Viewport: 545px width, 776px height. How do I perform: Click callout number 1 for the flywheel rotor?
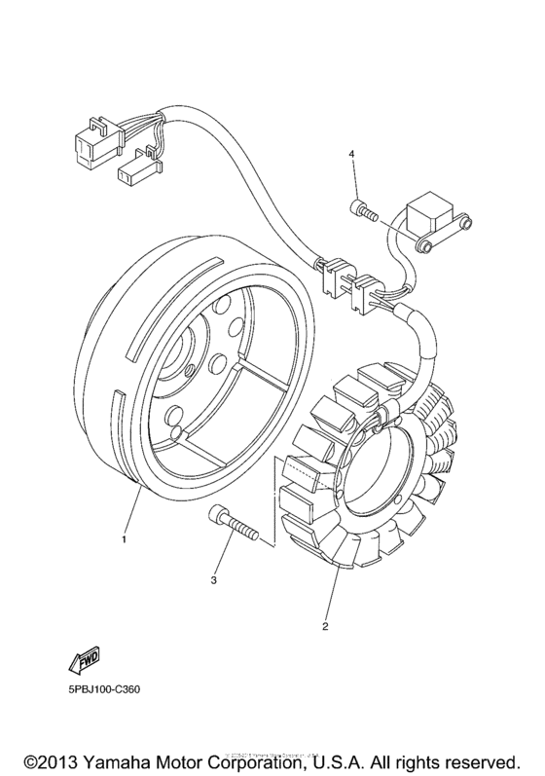[x=124, y=537]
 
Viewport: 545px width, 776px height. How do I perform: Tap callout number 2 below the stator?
[x=326, y=626]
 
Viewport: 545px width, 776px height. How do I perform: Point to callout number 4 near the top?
[x=354, y=154]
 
